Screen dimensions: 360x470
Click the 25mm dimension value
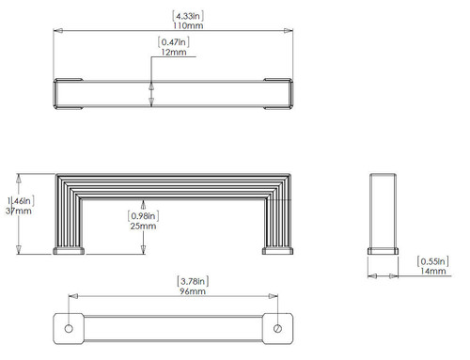[x=142, y=227]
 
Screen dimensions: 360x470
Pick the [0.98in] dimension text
[x=143, y=213]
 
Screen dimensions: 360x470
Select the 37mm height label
[x=18, y=212]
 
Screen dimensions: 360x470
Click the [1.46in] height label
[x=19, y=199]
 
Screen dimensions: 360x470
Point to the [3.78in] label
[x=192, y=280]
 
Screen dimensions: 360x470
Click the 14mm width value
[x=432, y=271]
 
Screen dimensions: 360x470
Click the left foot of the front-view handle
[x=70, y=250]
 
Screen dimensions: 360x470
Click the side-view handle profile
[x=383, y=212]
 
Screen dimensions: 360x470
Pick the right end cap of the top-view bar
[x=280, y=94]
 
